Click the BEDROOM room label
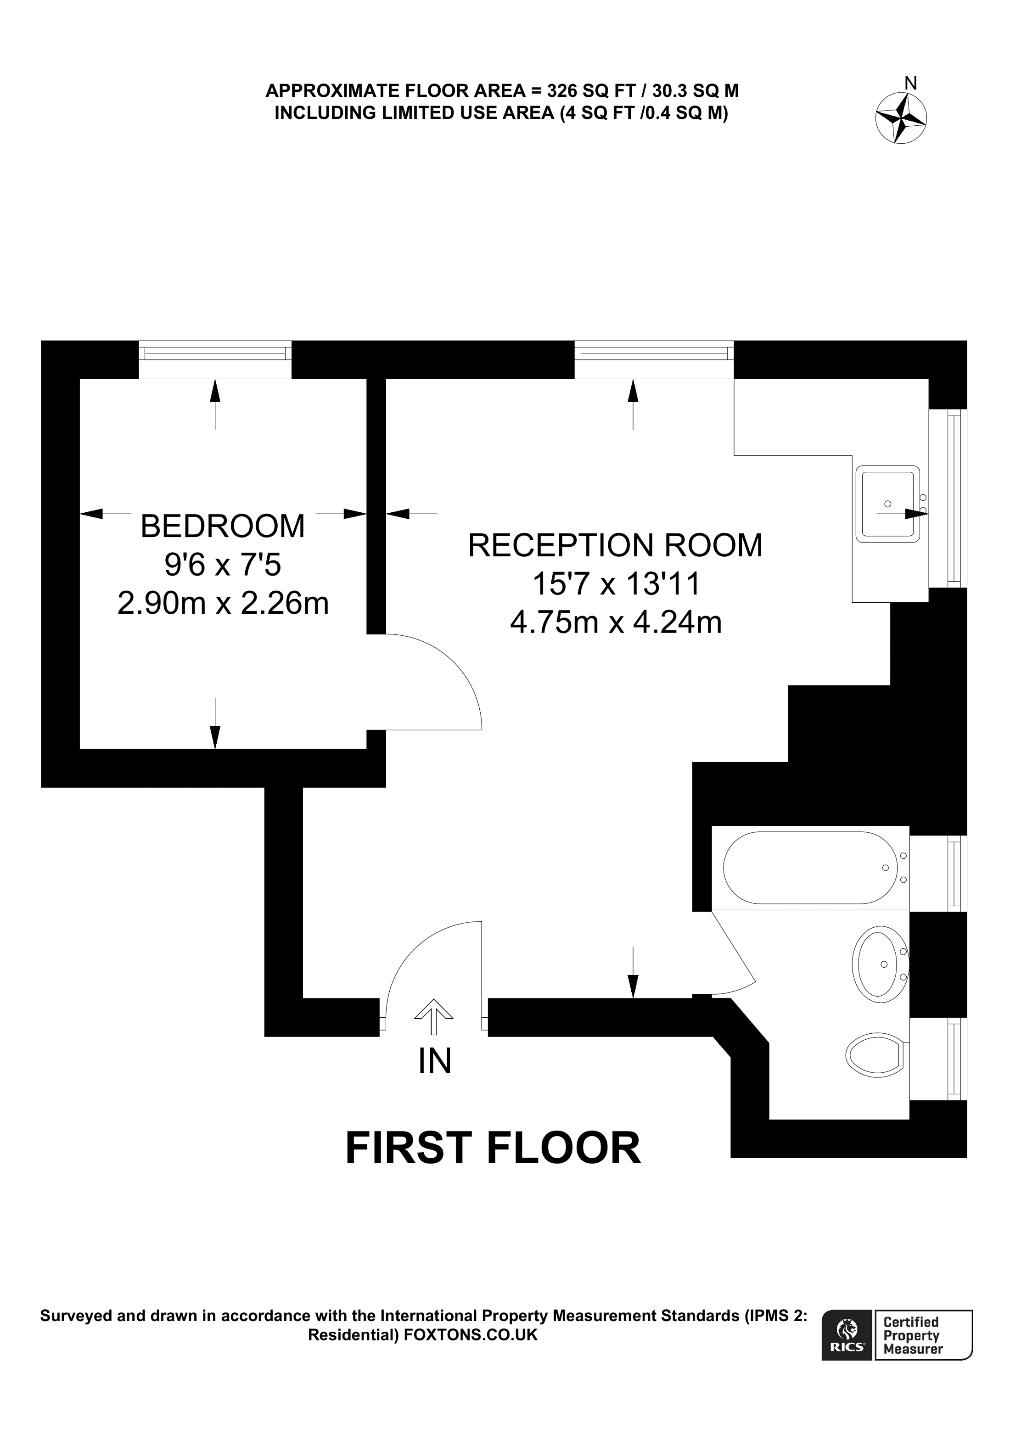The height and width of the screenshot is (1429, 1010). [x=222, y=527]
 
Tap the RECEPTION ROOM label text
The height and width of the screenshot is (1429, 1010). [x=615, y=545]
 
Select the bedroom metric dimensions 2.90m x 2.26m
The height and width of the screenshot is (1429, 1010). [x=223, y=603]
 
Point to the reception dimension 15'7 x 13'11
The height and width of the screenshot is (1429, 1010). [x=616, y=584]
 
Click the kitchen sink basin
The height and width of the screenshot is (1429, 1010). [x=887, y=504]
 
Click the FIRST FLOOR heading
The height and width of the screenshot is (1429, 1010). [x=493, y=1149]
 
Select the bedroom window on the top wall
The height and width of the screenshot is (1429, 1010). [x=215, y=353]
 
